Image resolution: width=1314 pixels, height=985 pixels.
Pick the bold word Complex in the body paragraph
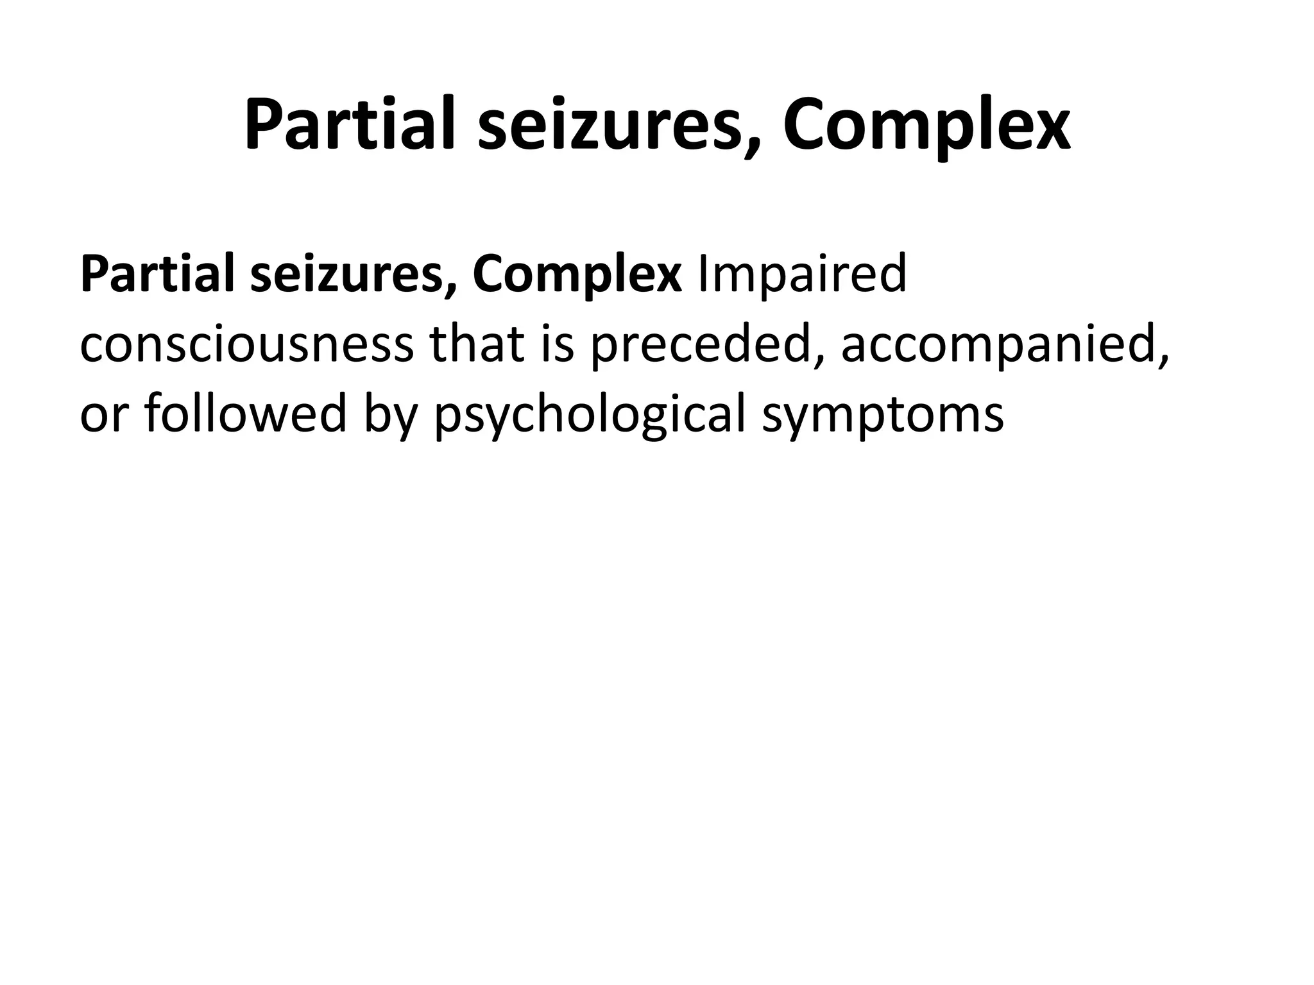click(577, 274)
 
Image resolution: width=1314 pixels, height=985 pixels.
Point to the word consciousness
click(246, 345)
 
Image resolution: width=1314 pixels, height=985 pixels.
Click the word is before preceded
click(558, 345)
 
